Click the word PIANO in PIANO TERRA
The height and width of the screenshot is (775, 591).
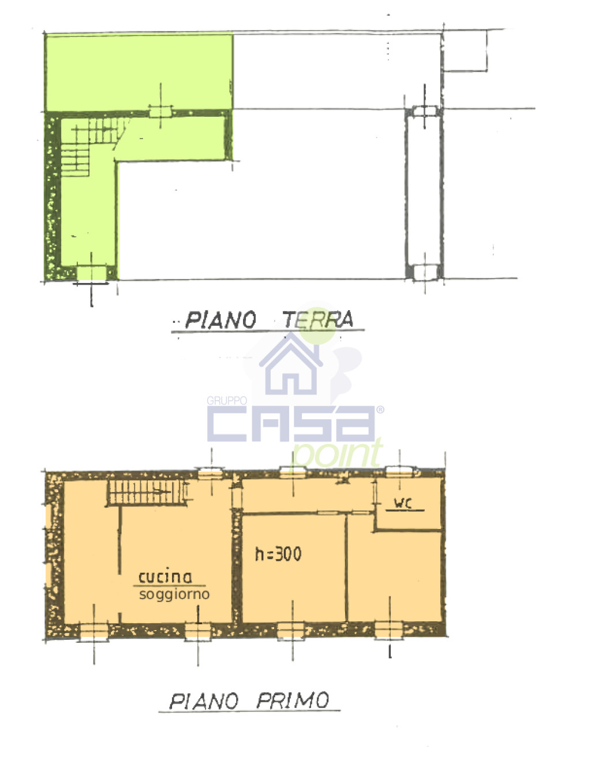tap(220, 320)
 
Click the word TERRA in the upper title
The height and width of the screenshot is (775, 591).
tap(317, 319)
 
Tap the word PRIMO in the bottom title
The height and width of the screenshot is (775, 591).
tap(293, 701)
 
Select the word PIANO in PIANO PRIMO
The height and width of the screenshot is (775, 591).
tap(204, 701)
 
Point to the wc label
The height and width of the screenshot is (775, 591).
tap(403, 503)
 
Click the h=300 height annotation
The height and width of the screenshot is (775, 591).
tap(278, 554)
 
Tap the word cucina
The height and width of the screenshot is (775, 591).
tap(165, 576)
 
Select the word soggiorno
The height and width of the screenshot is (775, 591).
tap(174, 594)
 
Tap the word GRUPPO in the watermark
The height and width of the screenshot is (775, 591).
tap(227, 400)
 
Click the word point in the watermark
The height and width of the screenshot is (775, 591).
tap(338, 453)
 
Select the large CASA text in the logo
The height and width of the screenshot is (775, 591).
tap(291, 424)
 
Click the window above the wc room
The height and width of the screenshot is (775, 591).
tap(399, 472)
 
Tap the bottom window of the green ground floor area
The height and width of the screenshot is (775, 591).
tap(92, 272)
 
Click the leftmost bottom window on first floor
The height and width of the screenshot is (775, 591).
tap(93, 632)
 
